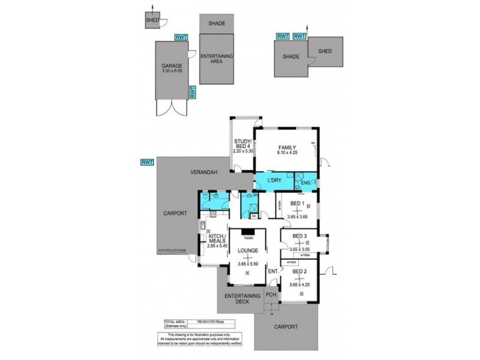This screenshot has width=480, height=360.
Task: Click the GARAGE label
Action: point(171,66)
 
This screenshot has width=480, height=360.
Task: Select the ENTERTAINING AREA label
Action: point(216,59)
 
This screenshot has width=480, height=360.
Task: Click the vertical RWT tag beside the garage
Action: point(193,92)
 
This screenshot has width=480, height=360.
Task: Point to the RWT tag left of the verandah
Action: point(147,162)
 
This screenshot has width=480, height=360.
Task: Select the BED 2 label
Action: point(301,272)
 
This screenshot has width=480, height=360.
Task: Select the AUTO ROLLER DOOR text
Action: point(172,249)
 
